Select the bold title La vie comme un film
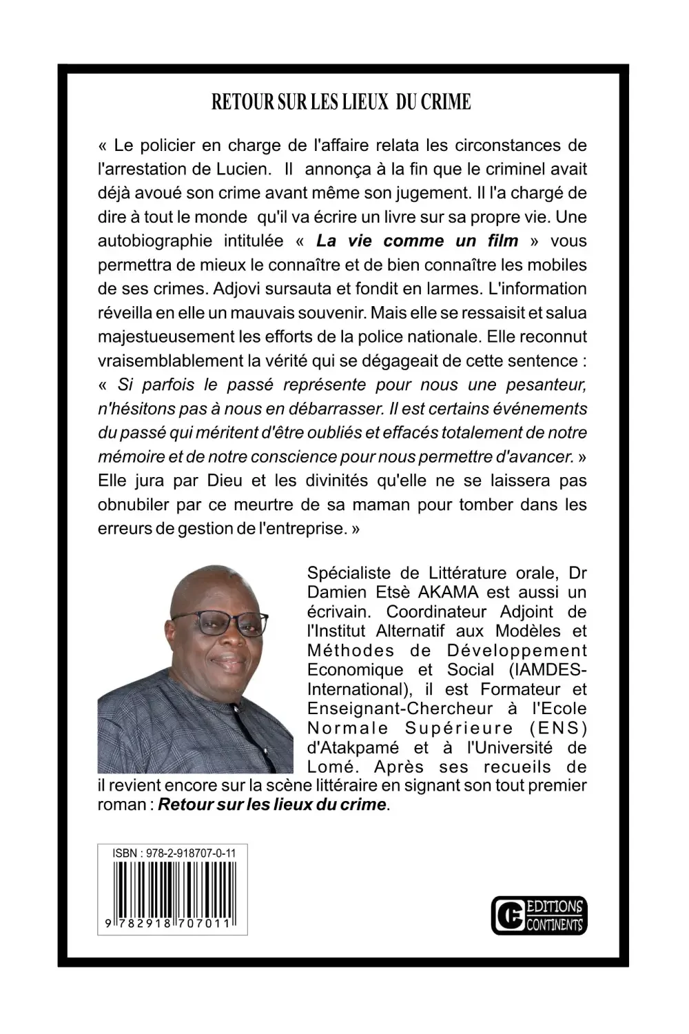point(417,241)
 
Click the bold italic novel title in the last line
point(272,804)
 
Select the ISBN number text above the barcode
point(174,853)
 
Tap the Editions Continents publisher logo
point(539,915)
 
